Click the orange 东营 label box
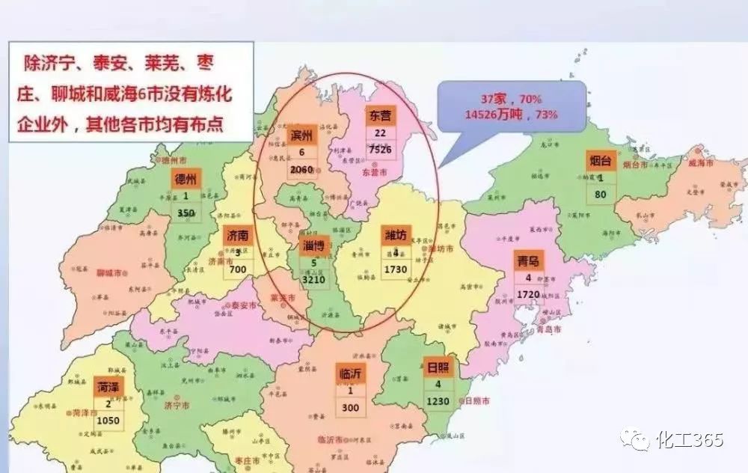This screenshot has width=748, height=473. [380, 117]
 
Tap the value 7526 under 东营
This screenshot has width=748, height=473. [380, 149]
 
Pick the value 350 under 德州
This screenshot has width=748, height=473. [186, 213]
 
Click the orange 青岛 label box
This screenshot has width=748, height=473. [529, 262]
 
